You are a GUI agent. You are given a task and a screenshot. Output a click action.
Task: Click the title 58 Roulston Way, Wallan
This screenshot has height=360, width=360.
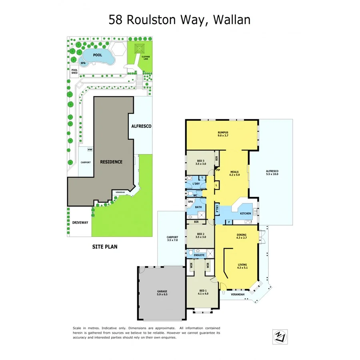point(180,19)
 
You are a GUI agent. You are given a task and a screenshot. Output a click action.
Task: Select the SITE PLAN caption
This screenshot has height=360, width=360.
point(105,247)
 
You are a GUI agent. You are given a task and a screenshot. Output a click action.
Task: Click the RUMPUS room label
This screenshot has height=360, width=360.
point(223,134)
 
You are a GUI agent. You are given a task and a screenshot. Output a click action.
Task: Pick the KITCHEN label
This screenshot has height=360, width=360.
point(246,213)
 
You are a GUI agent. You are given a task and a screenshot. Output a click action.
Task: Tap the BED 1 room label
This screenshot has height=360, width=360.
point(203,292)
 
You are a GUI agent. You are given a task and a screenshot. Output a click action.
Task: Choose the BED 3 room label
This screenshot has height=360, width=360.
point(200,162)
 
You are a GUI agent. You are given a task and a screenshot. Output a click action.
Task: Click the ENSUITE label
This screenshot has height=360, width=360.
point(199,255)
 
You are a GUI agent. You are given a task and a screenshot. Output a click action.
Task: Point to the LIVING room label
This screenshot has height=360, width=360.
point(242,265)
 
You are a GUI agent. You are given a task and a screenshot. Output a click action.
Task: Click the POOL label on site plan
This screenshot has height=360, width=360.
point(97,55)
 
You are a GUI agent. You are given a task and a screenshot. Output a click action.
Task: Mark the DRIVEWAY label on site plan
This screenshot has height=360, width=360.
point(80,222)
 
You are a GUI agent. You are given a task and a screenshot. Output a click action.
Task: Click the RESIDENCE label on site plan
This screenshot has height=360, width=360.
point(111,162)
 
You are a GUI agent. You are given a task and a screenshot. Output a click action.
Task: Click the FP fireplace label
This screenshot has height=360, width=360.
point(218,170)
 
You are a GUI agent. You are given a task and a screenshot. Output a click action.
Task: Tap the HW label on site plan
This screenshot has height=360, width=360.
point(89,150)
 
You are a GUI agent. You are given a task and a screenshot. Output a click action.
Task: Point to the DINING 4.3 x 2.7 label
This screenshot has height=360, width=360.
point(241,236)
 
